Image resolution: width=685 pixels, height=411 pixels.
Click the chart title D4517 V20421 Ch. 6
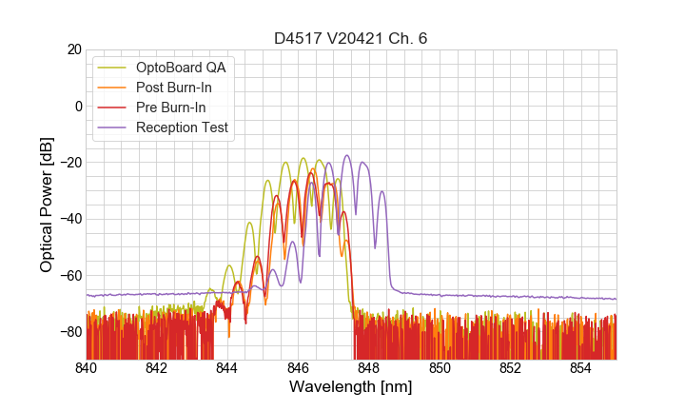click(351, 39)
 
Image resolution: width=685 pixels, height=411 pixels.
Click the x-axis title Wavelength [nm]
click(351, 387)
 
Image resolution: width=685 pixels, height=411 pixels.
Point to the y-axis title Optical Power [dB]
click(47, 205)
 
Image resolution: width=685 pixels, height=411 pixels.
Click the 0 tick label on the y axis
click(78, 106)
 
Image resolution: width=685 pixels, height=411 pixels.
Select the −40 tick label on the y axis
click(69, 219)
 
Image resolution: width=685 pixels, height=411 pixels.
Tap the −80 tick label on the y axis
click(69, 332)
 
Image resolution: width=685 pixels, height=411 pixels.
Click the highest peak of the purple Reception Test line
click(346, 155)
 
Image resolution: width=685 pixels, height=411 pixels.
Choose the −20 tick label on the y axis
click(69, 163)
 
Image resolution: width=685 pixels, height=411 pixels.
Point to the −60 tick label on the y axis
click(69, 276)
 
